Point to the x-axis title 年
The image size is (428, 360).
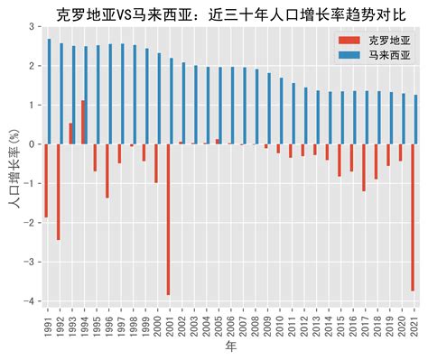coord(231,347)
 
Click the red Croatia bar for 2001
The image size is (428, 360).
coord(168,219)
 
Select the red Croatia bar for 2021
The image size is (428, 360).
coord(413,217)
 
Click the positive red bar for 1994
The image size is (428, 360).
coord(83,123)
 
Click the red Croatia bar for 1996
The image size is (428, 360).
coord(107,171)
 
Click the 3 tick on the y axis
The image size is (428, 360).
coord(34,27)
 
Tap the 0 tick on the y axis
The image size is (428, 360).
coord(34,144)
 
